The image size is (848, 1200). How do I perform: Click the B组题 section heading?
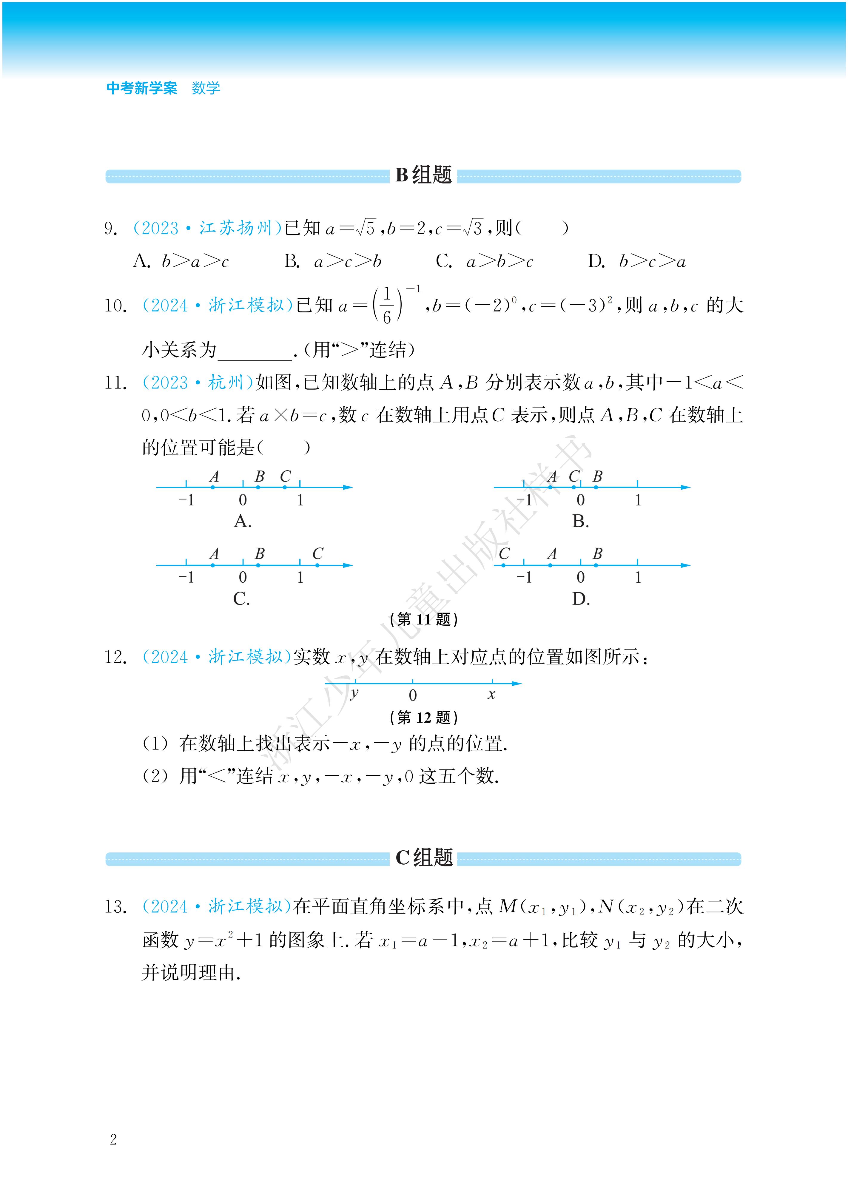tap(423, 175)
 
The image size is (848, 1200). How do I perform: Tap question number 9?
tap(110, 229)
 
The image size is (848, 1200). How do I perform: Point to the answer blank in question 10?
tap(255, 351)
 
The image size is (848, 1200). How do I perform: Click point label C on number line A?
tap(285, 477)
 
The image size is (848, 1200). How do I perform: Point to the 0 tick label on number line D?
tap(580, 578)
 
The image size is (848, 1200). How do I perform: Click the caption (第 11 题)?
tap(423, 619)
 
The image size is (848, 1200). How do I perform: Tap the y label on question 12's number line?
tap(354, 694)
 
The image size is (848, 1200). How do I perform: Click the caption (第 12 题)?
tap(423, 718)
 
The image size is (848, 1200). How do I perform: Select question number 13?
tap(115, 907)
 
